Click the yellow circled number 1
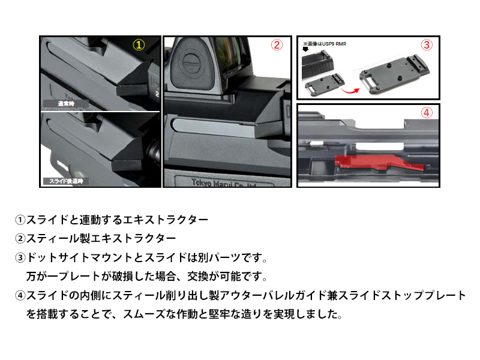click(x=139, y=46)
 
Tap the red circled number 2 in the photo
click(x=277, y=46)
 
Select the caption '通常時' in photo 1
click(x=66, y=103)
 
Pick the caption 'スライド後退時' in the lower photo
click(x=66, y=181)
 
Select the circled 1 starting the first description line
click(x=20, y=220)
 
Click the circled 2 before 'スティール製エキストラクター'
click(x=20, y=239)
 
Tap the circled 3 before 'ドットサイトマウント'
click(x=20, y=258)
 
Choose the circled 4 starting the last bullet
click(x=20, y=296)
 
